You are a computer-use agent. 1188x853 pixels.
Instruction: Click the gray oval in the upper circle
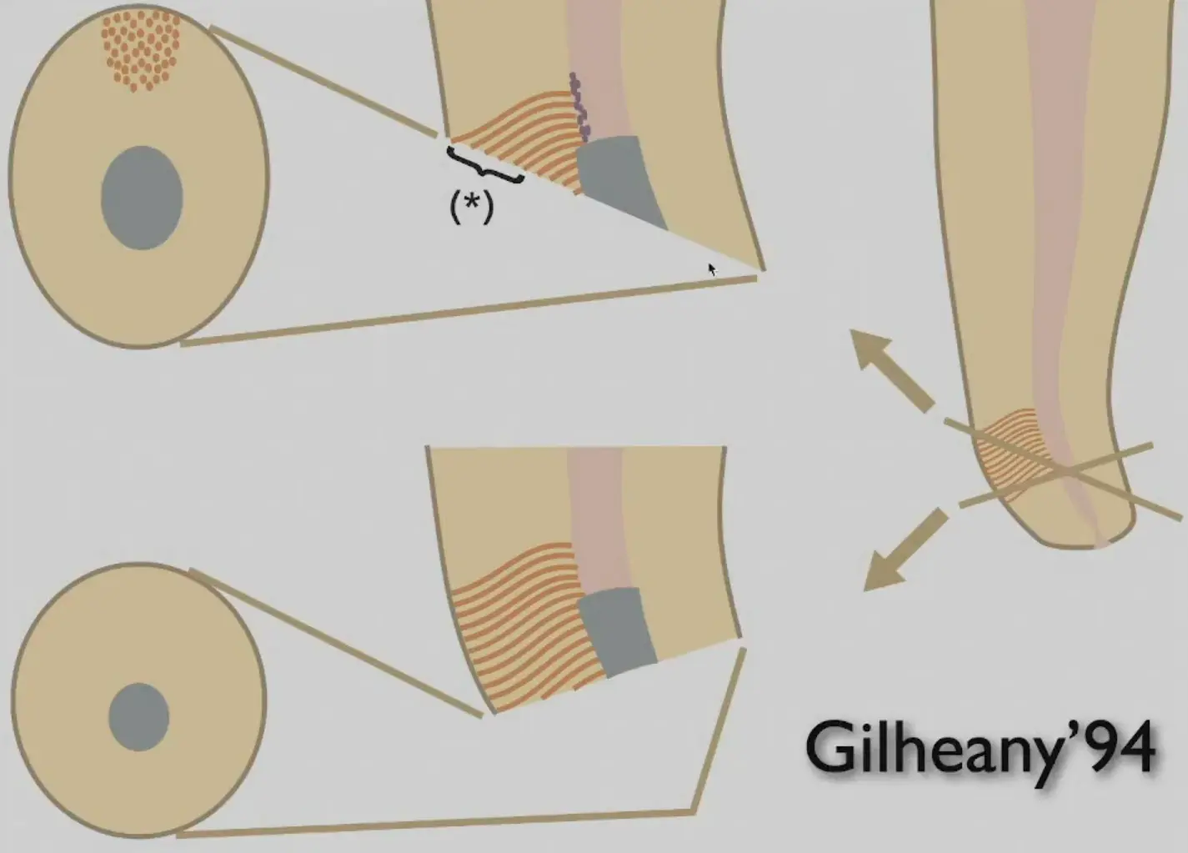(142, 198)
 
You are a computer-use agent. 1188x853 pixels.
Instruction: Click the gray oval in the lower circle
(139, 717)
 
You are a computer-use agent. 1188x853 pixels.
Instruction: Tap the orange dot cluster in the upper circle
(141, 50)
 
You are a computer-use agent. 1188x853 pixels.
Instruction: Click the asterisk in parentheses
(472, 208)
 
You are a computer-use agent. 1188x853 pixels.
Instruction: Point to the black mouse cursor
(712, 269)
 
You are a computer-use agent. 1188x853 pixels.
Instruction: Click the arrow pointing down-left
(905, 550)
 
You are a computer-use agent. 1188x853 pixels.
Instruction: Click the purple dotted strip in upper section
(579, 108)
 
